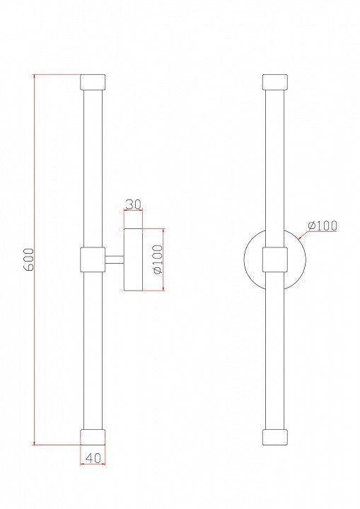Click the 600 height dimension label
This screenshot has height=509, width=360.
point(28,259)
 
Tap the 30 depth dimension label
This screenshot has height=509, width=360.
point(133,204)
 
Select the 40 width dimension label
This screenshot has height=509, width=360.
point(93,457)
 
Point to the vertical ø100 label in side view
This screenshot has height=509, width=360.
point(158,259)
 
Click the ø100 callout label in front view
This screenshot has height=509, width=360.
point(323,226)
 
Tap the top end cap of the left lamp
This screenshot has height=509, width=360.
point(93,82)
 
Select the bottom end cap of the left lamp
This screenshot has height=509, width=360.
point(93,437)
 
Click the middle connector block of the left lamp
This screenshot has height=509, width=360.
point(93,259)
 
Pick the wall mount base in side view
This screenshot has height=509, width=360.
point(133,259)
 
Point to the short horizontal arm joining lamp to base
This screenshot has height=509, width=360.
point(115,259)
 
